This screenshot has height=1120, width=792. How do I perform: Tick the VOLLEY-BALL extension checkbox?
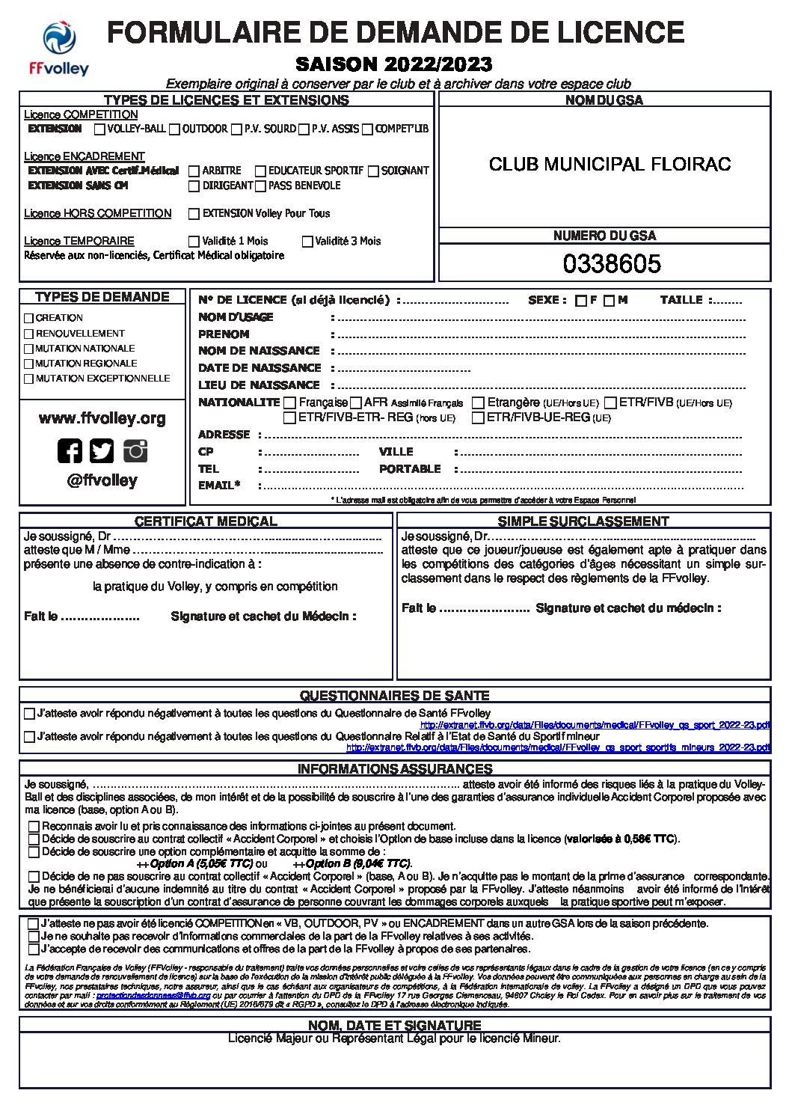(x=99, y=129)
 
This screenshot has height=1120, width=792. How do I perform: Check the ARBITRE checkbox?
(x=194, y=171)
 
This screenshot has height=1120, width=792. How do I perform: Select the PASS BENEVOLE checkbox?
(x=260, y=186)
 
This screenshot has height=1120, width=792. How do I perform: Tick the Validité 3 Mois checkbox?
(x=307, y=242)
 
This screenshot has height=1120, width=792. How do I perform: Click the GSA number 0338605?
(x=612, y=264)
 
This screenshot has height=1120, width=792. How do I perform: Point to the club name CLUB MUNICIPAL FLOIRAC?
(x=610, y=165)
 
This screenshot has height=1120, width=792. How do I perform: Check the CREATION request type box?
(x=29, y=318)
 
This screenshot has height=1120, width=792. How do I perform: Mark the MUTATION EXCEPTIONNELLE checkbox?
(x=29, y=379)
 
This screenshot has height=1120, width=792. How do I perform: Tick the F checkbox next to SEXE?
(x=581, y=302)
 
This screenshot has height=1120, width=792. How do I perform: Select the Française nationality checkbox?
(x=290, y=403)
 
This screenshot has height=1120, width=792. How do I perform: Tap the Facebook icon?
(x=70, y=450)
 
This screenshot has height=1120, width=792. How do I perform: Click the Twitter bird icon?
(x=102, y=450)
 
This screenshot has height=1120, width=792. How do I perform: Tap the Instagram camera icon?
(x=135, y=450)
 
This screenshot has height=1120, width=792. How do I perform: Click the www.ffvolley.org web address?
(x=102, y=419)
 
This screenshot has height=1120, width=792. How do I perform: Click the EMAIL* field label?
(x=218, y=486)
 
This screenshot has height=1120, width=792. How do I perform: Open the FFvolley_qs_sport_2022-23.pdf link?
(x=595, y=725)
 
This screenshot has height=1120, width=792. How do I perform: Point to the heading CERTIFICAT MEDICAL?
(x=206, y=521)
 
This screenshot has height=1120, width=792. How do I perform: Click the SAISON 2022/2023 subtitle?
(x=393, y=64)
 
